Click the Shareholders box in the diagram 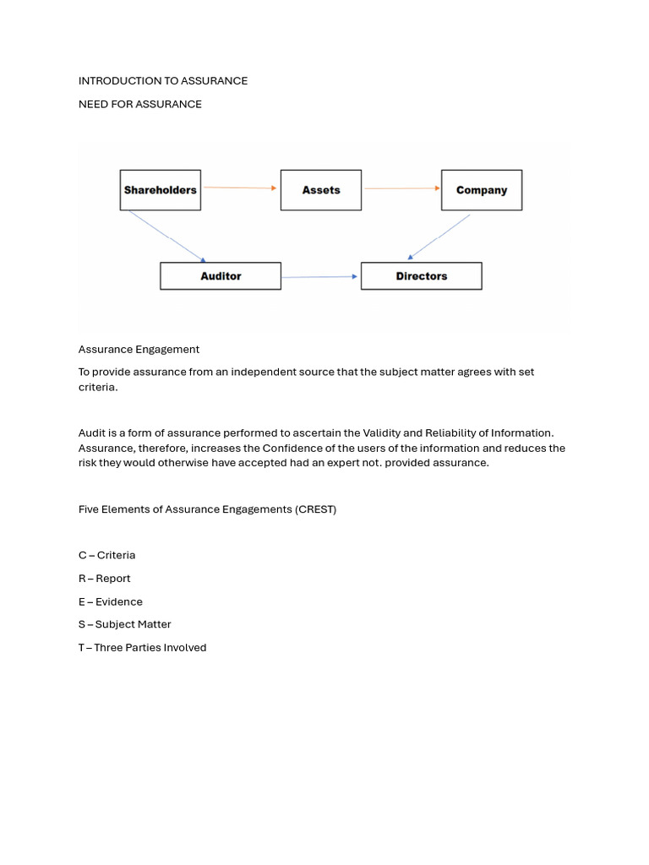pos(160,190)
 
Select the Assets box pos(321,190)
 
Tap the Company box pos(482,190)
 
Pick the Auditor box pos(221,276)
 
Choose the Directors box pos(422,276)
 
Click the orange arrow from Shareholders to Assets pos(240,188)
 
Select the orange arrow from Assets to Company pos(401,188)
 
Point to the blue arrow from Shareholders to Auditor pos(167,237)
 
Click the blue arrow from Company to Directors pos(439,237)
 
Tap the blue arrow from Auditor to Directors pos(320,276)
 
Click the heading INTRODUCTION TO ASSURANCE pos(163,81)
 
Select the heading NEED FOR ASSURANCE pos(140,104)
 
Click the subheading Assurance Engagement pos(139,349)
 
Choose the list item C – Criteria pos(106,555)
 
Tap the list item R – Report pos(105,579)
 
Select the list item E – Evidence pos(111,601)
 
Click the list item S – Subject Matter pos(125,624)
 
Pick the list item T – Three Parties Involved pos(143,648)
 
